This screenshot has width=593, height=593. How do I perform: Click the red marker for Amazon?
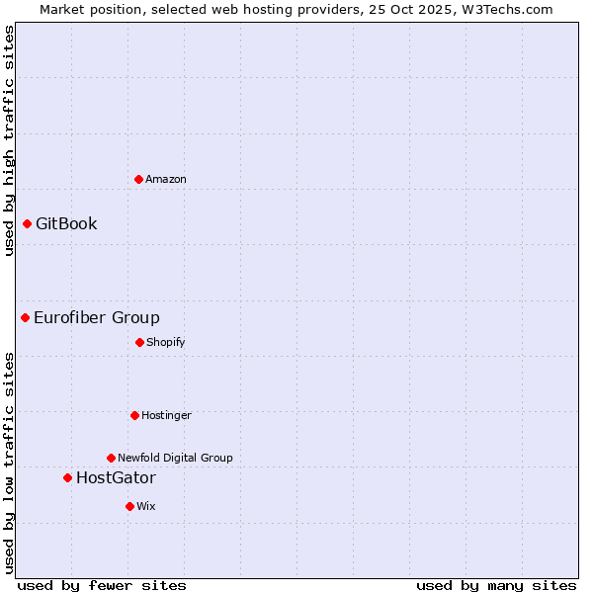coord(138,179)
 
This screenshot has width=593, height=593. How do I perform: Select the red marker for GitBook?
coord(28,223)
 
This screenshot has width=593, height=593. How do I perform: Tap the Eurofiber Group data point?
coord(26,317)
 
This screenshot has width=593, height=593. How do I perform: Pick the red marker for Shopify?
coord(139,342)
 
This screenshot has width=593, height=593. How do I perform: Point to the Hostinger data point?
coord(134,415)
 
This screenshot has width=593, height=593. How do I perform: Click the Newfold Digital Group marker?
coord(111,458)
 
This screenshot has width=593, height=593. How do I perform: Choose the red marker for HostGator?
coord(67,477)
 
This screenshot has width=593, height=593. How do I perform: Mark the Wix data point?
coord(129,506)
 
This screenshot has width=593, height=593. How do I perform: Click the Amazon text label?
coord(166,179)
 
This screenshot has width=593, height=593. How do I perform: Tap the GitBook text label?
coord(66,223)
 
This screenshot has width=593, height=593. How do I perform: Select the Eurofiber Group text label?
coord(97,317)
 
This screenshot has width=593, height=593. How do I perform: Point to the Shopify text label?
coord(166,342)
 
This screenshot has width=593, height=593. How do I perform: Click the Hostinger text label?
coord(166,415)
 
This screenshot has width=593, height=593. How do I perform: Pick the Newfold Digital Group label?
coord(175,458)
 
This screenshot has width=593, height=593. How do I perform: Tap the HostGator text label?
coord(116,477)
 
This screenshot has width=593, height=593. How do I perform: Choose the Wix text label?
coord(146,506)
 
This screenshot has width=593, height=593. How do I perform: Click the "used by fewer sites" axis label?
coord(102,585)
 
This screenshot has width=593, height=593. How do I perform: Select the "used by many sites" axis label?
coord(496,585)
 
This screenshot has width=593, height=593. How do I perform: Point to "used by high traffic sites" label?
coord(9,140)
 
